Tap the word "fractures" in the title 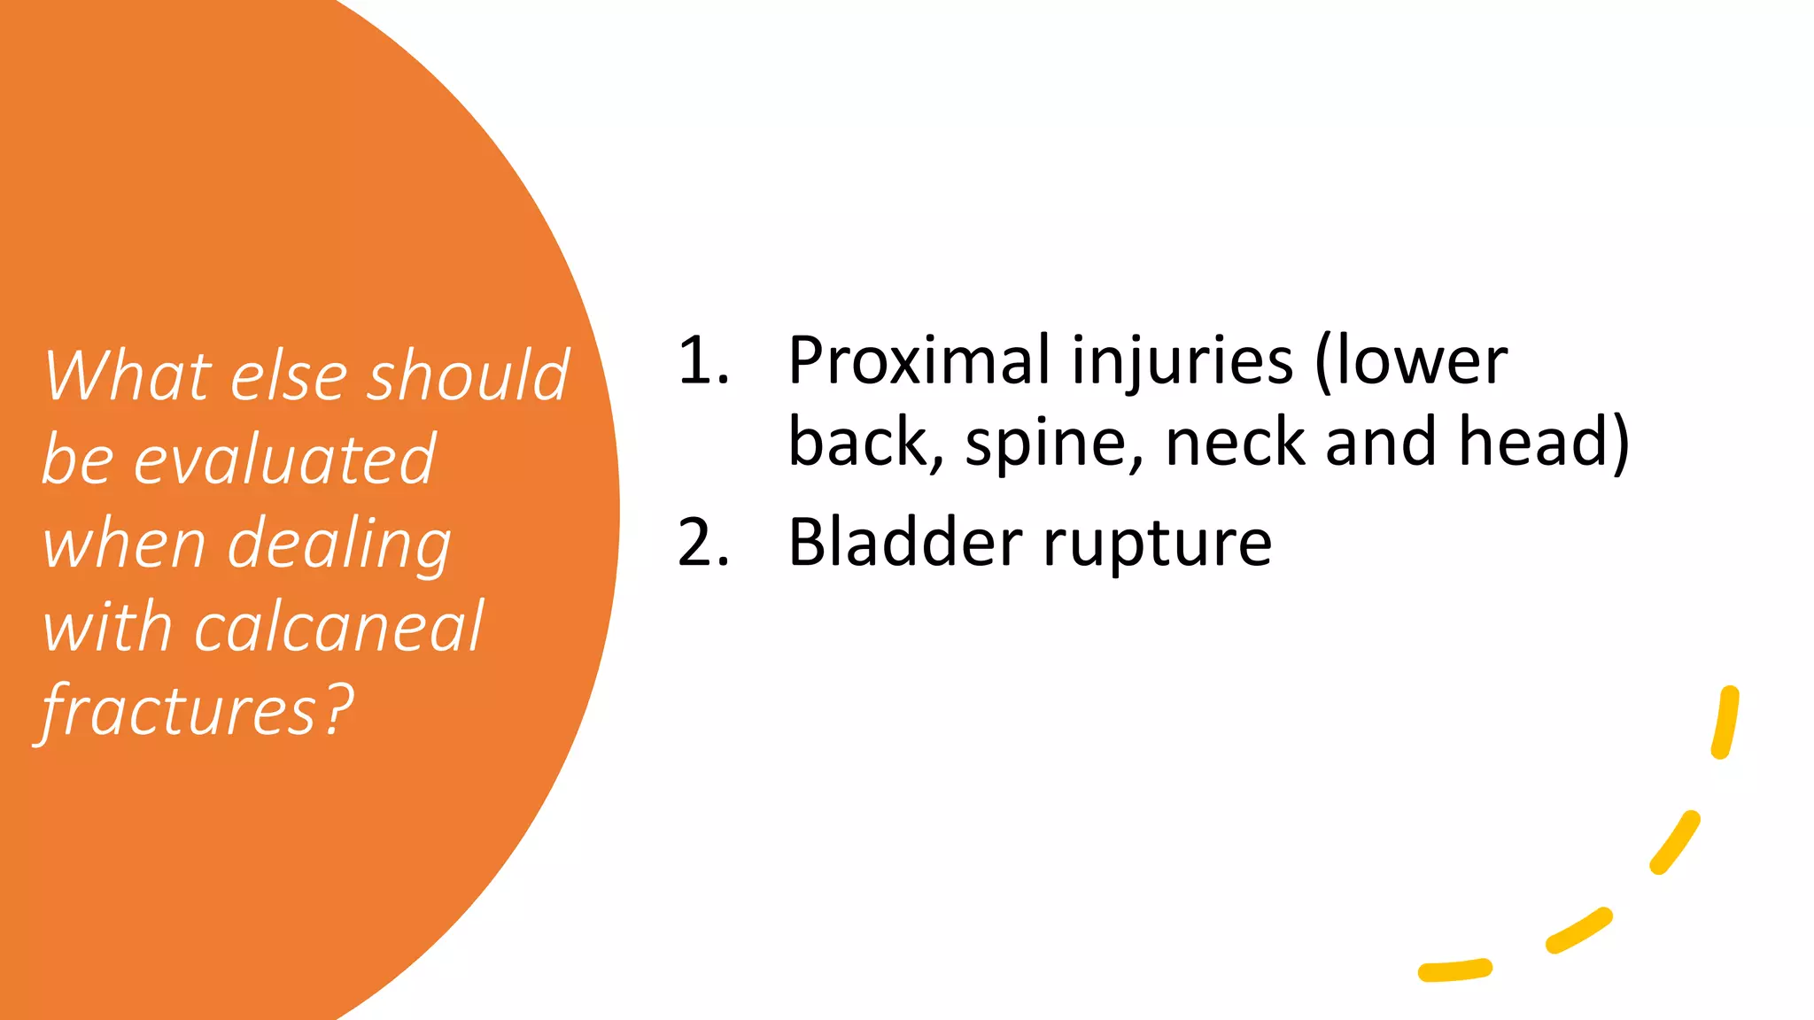tap(177, 711)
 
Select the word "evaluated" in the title tap(284, 460)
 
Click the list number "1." tap(703, 361)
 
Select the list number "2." tap(703, 542)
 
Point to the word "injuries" tap(1182, 361)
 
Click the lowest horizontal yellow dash tap(1455, 970)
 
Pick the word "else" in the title tap(289, 375)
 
